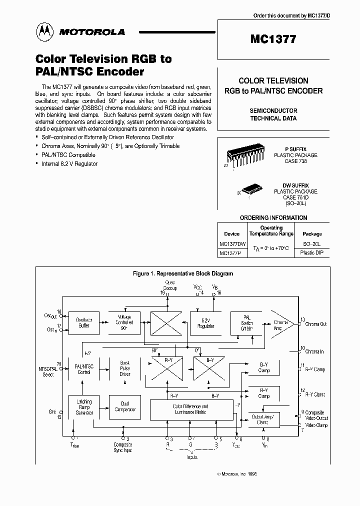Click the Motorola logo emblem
point(42,32)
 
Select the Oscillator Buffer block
point(83,323)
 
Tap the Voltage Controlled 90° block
point(124,323)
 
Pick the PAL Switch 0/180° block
point(246,323)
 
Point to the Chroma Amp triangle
point(280,325)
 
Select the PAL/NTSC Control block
point(83,369)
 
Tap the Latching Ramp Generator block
point(83,407)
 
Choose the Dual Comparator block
point(124,407)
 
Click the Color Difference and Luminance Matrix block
point(190,409)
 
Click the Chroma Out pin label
point(315,324)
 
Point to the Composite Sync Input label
point(123,447)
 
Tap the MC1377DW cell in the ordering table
point(232,244)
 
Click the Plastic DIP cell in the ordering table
point(312,253)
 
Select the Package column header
point(312,233)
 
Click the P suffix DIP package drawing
point(243,154)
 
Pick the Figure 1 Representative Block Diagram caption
point(182,273)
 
